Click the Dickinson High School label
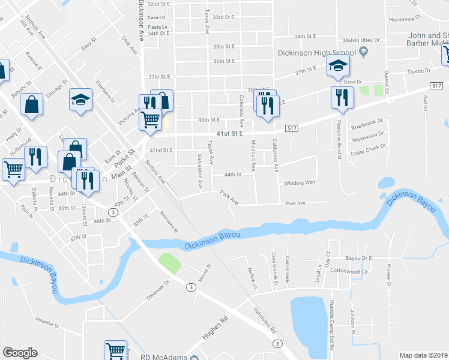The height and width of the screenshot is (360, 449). click(318, 53)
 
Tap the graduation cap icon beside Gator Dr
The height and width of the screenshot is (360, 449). click(339, 66)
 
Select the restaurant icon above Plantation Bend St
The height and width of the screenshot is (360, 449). click(342, 98)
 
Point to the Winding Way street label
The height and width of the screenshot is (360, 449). click(300, 182)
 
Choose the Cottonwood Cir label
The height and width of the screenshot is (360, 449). click(348, 271)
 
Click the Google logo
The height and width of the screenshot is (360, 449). click(20, 353)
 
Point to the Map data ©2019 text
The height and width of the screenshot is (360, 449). click(423, 355)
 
